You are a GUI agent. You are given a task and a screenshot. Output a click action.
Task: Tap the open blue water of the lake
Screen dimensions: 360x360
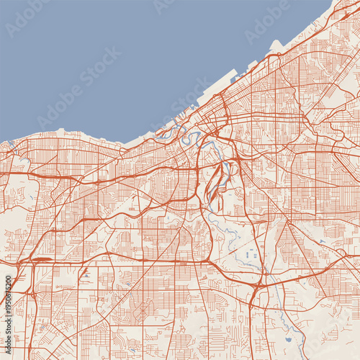[108, 58]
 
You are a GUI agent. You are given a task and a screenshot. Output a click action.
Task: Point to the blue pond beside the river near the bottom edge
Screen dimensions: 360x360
[288, 338]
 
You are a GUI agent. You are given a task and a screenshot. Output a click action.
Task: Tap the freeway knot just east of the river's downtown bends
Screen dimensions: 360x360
[209, 137]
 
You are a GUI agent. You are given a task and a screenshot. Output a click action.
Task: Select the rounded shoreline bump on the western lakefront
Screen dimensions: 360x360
[61, 131]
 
